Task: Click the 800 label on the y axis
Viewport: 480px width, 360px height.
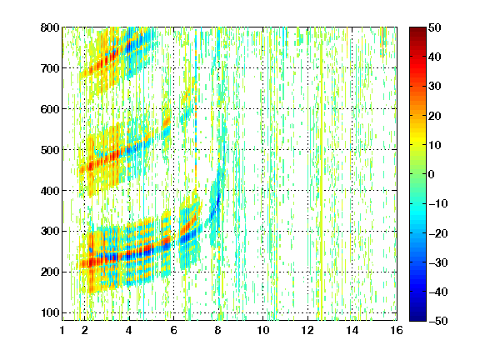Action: click(50, 27)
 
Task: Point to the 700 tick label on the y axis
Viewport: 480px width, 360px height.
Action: click(50, 68)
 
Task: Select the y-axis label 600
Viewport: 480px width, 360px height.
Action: click(50, 109)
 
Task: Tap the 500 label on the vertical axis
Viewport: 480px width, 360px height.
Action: click(50, 150)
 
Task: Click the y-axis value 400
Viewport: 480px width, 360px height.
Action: click(50, 191)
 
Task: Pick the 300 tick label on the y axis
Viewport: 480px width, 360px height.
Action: click(50, 232)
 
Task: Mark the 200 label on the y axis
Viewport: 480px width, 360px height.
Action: click(50, 272)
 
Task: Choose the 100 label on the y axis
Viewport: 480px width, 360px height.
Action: click(50, 312)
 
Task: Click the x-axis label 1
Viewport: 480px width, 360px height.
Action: click(62, 330)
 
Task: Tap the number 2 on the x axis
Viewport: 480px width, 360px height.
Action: click(85, 330)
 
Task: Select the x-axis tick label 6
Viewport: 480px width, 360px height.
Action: click(174, 330)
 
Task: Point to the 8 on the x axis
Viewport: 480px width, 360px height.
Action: click(218, 330)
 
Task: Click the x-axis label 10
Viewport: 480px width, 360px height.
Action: click(263, 330)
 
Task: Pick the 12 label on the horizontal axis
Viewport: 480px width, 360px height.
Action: click(307, 330)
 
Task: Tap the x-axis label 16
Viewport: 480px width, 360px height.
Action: click(397, 330)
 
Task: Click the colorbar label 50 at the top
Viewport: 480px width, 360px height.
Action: click(434, 27)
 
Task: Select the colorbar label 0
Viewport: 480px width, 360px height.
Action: click(432, 174)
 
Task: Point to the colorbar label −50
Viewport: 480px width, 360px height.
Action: click(437, 321)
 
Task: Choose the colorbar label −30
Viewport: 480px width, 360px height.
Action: click(437, 262)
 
